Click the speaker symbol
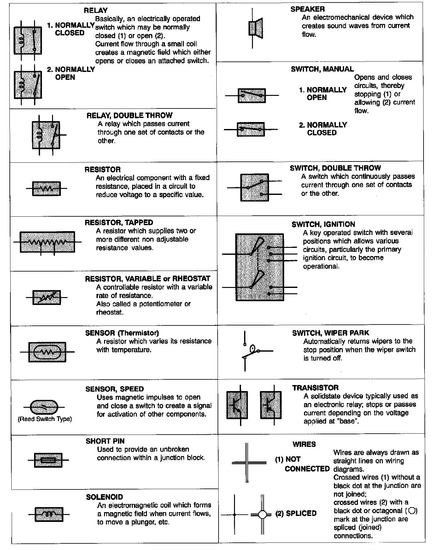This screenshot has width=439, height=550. [x=256, y=28]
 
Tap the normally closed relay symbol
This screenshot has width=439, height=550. [x=28, y=40]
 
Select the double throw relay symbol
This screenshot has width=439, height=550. [x=46, y=135]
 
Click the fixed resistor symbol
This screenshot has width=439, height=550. [x=46, y=189]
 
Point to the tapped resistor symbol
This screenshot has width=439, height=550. [x=47, y=242]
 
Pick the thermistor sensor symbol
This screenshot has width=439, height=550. [x=47, y=352]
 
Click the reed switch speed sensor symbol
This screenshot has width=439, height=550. [x=44, y=407]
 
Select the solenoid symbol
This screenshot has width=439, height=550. [x=49, y=514]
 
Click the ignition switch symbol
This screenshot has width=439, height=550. [x=260, y=267]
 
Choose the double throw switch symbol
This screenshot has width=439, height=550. [x=255, y=188]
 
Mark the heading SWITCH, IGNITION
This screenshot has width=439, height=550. [x=323, y=225]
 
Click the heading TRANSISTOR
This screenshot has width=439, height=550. [x=315, y=388]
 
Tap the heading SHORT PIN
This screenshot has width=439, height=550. [x=105, y=441]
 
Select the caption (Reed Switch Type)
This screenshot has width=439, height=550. [x=45, y=419]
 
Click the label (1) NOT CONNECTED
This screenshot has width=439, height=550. [x=302, y=464]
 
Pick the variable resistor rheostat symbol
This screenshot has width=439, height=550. [x=47, y=297]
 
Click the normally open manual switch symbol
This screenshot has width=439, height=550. [x=252, y=95]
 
